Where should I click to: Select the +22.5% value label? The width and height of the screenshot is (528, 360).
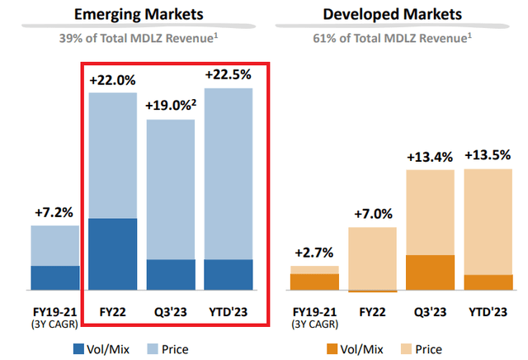pyautogui.click(x=228, y=73)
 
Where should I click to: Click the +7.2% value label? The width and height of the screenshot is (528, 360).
pyautogui.click(x=55, y=211)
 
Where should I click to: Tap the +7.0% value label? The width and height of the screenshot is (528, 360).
pyautogui.click(x=372, y=213)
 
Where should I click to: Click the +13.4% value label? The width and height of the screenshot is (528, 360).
pyautogui.click(x=430, y=157)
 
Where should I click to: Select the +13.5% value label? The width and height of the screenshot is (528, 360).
pyautogui.click(x=488, y=154)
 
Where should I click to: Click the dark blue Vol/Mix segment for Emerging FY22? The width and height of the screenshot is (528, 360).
pyautogui.click(x=113, y=254)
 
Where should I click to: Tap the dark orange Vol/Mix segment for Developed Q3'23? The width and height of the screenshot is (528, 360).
pyautogui.click(x=430, y=272)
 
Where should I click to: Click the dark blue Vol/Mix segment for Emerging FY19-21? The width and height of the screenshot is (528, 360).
pyautogui.click(x=55, y=278)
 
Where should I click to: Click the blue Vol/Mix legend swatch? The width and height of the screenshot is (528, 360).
pyautogui.click(x=79, y=348)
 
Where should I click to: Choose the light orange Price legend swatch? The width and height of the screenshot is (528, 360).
pyautogui.click(x=410, y=348)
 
